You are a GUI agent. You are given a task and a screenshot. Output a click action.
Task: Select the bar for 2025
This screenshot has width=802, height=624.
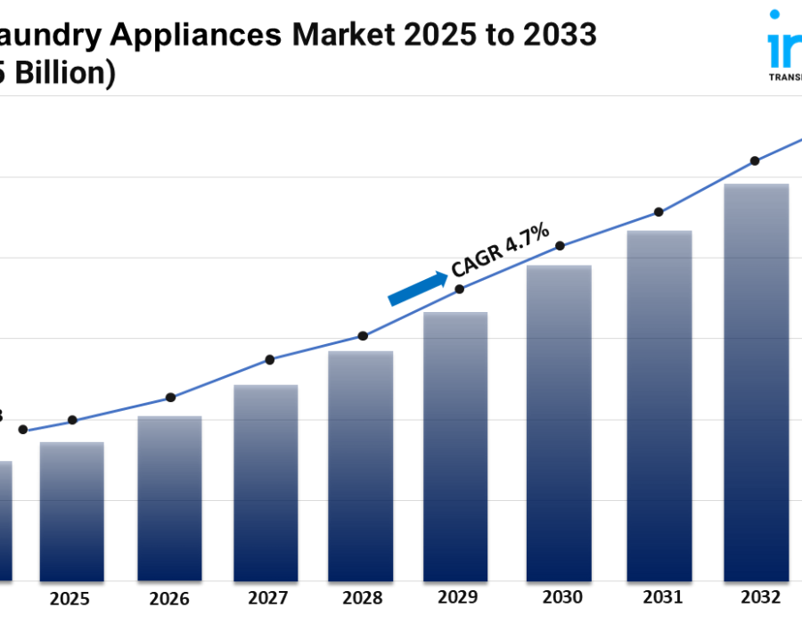(x=71, y=512)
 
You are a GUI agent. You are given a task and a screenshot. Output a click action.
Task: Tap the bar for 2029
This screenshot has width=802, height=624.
(x=454, y=447)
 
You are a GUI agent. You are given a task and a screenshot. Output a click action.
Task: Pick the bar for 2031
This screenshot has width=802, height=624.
(x=659, y=406)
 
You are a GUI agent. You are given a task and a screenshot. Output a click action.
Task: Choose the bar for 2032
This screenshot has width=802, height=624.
(x=756, y=382)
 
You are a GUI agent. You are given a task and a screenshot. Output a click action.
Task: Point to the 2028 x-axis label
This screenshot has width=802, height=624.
(x=362, y=598)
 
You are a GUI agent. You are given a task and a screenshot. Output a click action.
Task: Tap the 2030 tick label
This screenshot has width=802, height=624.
(x=560, y=597)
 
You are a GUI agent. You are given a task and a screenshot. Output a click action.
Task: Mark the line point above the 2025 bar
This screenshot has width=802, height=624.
(x=72, y=420)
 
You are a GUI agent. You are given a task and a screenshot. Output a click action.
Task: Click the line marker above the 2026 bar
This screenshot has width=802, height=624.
(x=171, y=398)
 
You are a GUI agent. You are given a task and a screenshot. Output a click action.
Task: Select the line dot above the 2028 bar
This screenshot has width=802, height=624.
(x=363, y=336)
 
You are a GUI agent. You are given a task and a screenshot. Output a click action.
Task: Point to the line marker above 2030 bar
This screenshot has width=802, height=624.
(x=560, y=246)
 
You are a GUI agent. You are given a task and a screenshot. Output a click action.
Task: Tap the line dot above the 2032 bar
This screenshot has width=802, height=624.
(x=755, y=161)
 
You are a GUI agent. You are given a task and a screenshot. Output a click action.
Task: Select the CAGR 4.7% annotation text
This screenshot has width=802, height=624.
(x=500, y=252)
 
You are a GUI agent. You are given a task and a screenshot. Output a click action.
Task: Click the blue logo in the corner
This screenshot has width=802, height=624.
(x=784, y=45)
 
